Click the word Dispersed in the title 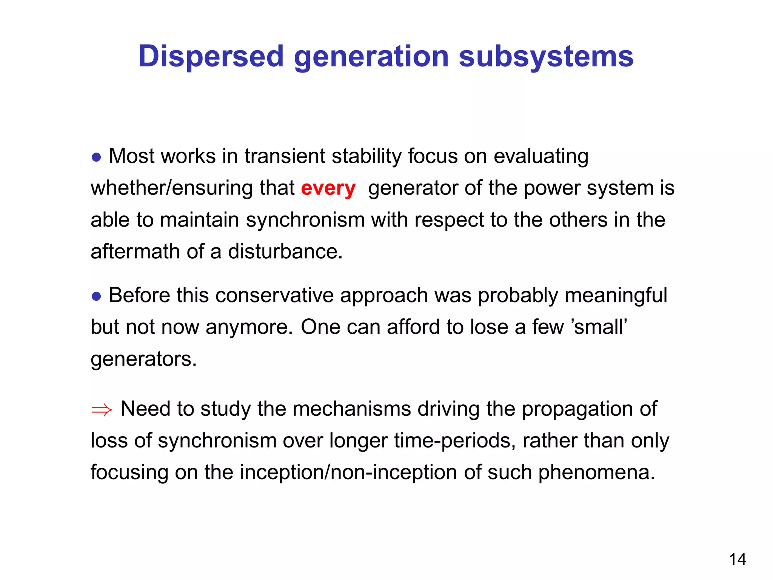pos(211,57)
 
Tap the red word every pos(328,188)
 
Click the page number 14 pos(737,560)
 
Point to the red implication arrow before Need pos(102,410)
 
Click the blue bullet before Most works pos(97,157)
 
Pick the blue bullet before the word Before pos(97,296)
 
